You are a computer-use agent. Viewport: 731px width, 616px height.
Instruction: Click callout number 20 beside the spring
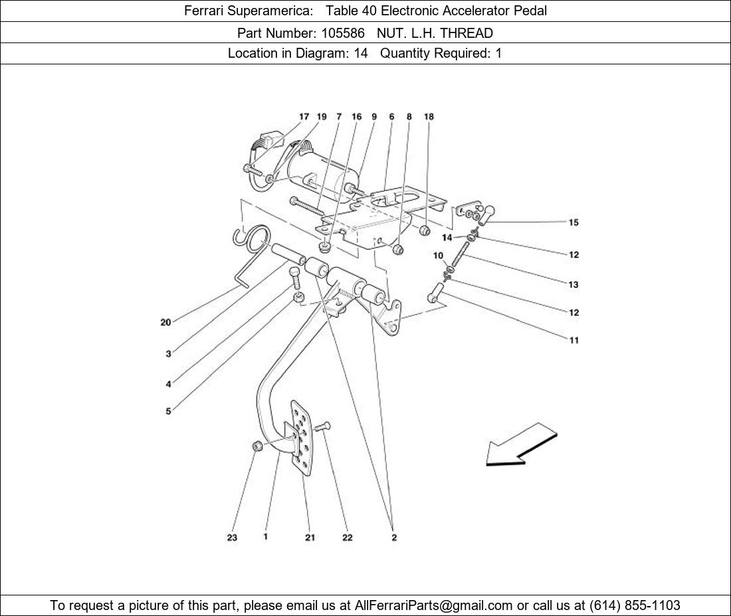point(165,323)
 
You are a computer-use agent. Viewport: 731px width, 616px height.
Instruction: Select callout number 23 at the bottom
point(232,538)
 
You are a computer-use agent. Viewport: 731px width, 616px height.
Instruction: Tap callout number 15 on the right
point(574,222)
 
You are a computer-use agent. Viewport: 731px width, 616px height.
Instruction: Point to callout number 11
point(574,341)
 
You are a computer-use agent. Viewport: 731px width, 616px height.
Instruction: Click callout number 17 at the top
point(304,117)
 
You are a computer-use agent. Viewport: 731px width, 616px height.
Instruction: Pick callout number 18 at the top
point(429,117)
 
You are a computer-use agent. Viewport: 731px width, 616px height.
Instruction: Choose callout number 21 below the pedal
point(310,538)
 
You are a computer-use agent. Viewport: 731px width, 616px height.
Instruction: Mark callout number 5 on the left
point(168,412)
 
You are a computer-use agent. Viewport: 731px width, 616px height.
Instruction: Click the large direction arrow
point(521,445)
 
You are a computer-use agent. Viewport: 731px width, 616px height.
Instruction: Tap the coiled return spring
point(253,239)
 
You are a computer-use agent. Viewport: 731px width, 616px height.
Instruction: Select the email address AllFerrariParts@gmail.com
point(434,605)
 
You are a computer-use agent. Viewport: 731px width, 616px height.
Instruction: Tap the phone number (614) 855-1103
point(635,605)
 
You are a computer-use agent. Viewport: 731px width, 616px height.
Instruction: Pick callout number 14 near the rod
point(447,238)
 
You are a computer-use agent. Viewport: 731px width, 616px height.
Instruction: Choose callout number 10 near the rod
point(439,256)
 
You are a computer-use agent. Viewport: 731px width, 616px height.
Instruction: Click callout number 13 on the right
point(574,285)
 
